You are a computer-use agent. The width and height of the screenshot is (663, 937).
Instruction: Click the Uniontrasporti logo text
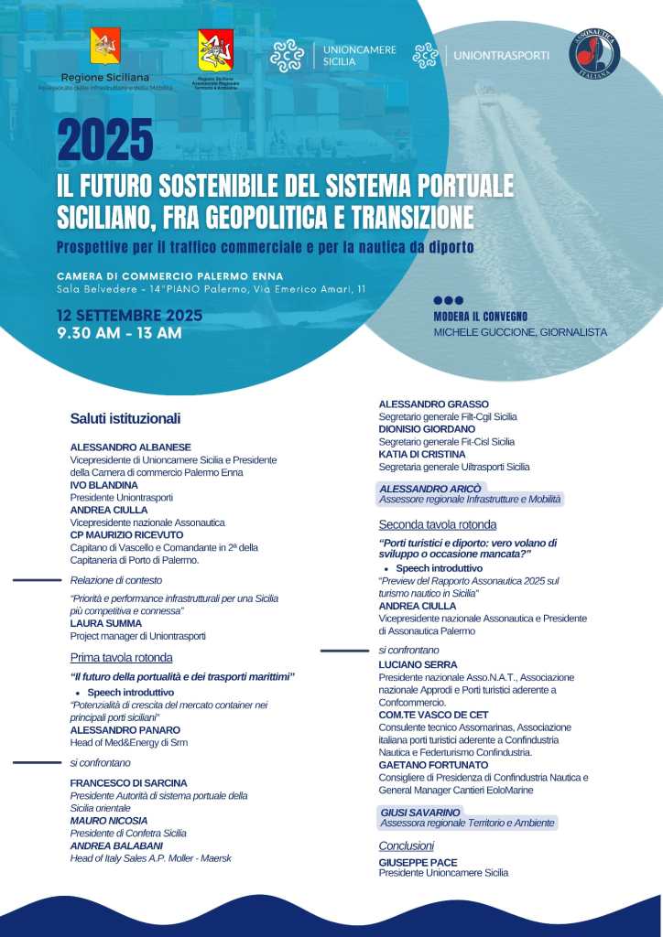point(501,55)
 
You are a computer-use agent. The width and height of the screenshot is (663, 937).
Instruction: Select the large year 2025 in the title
point(104,140)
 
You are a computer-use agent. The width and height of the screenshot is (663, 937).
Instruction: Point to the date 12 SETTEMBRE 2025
point(129,316)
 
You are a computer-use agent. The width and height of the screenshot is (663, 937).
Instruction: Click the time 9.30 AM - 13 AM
point(119,333)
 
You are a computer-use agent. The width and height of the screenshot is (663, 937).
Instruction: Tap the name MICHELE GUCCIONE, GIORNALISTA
point(519,332)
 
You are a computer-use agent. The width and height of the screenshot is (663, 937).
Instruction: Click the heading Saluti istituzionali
point(125,418)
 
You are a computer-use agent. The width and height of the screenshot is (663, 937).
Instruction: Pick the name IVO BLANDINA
point(103,484)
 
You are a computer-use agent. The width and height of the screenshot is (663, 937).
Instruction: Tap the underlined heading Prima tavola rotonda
point(121,657)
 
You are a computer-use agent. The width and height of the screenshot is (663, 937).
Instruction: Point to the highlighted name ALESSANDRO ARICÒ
point(429,489)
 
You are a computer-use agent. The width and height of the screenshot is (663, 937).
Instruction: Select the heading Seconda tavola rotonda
point(438,524)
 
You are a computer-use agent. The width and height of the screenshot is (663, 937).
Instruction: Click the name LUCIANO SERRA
point(418,664)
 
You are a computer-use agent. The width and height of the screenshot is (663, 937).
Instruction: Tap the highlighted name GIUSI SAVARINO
point(421,812)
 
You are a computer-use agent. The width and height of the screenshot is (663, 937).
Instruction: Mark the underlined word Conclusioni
point(406,845)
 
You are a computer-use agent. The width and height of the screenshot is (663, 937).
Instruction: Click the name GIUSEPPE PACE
point(418,862)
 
